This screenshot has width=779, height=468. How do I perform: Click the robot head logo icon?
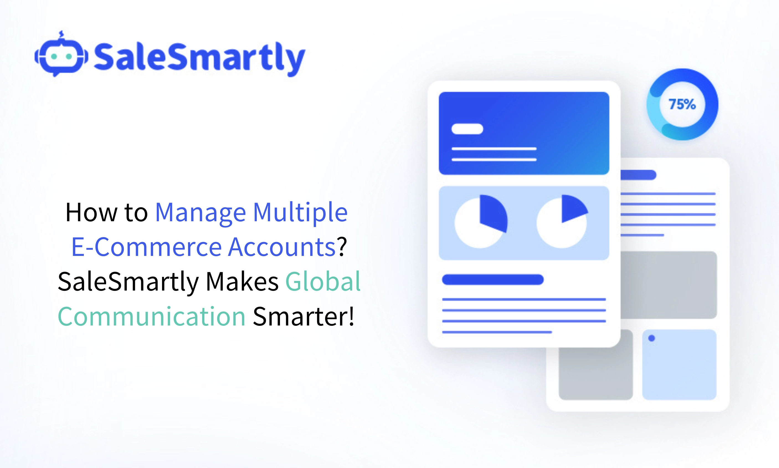tap(61, 56)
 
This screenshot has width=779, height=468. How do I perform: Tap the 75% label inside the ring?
tap(682, 104)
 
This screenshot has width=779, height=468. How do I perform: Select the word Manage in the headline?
tap(200, 213)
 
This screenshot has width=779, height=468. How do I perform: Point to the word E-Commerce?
tap(146, 247)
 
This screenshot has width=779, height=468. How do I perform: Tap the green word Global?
tap(323, 281)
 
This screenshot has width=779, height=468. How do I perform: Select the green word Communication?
tap(151, 316)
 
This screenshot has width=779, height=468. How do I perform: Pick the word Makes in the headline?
tap(242, 281)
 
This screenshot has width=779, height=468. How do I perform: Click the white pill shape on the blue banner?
tap(467, 129)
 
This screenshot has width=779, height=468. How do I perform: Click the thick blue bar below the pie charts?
tap(493, 280)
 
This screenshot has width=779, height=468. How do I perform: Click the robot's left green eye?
tap(54, 57)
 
